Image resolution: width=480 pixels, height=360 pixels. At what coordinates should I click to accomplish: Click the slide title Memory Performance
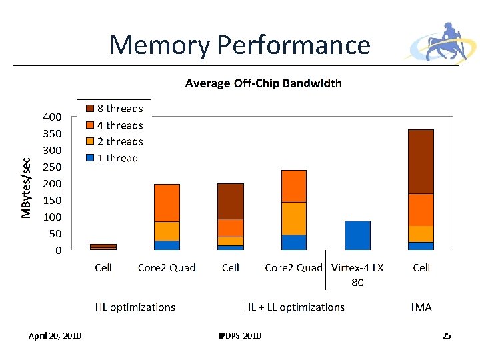click(x=240, y=45)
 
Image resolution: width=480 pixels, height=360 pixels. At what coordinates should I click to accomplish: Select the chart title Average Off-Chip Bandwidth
click(x=263, y=83)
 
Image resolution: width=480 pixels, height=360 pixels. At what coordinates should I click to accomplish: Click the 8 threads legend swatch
click(x=90, y=109)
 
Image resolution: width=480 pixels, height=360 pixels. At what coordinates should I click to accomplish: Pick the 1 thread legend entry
click(x=112, y=158)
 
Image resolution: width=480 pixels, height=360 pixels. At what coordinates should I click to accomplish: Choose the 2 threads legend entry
click(x=115, y=141)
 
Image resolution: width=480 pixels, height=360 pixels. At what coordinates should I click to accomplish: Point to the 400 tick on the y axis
click(x=53, y=117)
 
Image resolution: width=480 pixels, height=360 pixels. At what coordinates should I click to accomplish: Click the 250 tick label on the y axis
click(x=53, y=167)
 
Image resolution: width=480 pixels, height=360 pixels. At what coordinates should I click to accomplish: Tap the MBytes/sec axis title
click(x=26, y=187)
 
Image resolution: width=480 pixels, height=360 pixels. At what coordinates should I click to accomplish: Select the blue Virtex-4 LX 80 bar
click(x=357, y=235)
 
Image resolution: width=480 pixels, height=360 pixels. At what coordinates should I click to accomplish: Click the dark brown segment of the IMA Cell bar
click(x=421, y=161)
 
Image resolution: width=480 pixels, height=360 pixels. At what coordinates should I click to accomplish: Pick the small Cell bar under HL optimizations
click(x=103, y=247)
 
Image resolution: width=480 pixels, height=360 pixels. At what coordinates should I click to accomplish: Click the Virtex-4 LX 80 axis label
click(x=357, y=275)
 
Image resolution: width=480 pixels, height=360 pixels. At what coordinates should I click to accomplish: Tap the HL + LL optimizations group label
click(x=294, y=307)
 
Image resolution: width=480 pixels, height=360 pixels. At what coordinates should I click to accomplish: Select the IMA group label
click(x=421, y=307)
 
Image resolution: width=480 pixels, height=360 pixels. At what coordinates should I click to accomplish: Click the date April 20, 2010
click(x=55, y=336)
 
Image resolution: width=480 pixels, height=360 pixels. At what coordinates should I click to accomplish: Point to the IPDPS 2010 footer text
click(x=240, y=336)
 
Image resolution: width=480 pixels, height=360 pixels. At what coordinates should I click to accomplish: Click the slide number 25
click(x=446, y=336)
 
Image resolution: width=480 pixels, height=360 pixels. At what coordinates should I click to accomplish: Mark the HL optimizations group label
click(x=135, y=307)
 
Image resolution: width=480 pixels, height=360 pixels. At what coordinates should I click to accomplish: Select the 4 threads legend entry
click(x=115, y=125)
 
